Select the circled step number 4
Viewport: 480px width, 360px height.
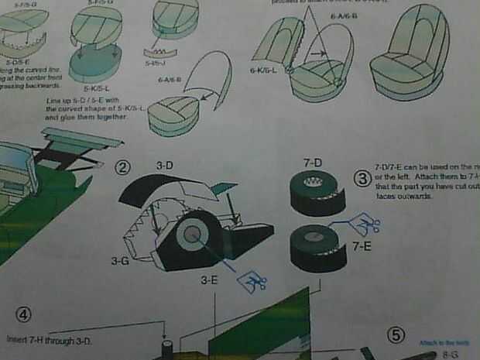point(26,314)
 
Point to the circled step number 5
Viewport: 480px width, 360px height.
point(396,334)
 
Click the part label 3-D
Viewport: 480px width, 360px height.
point(165,166)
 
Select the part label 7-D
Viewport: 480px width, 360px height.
point(312,162)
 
